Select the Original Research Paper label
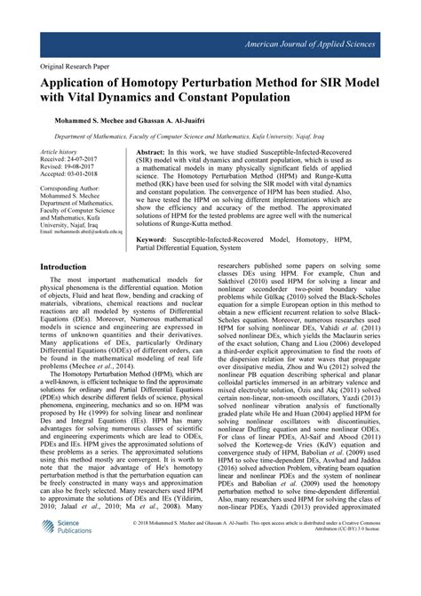(x=86, y=66)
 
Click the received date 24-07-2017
(x=89, y=161)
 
